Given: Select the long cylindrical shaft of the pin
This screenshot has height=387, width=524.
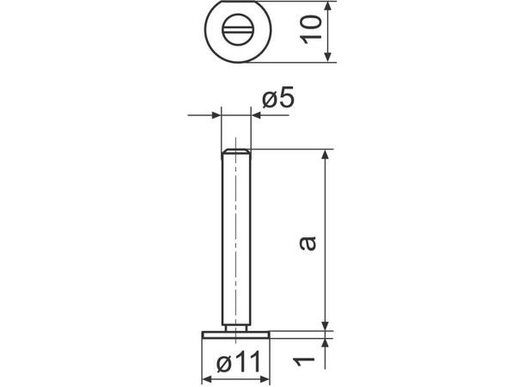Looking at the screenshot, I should click(235, 241).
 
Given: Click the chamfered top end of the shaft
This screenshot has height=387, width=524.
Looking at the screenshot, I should click(235, 151).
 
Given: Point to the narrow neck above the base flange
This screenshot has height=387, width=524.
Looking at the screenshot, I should click(235, 326).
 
